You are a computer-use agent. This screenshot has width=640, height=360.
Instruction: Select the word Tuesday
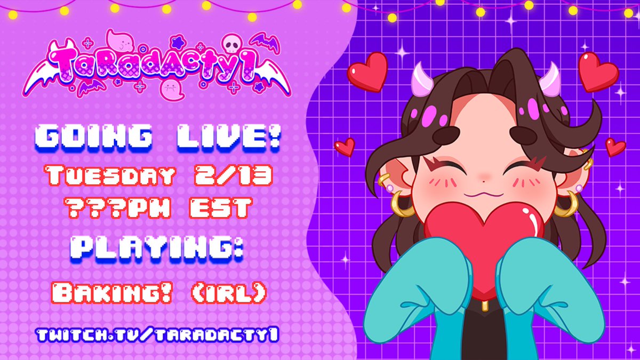(110, 175)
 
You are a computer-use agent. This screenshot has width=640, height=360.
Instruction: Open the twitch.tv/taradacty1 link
(158, 335)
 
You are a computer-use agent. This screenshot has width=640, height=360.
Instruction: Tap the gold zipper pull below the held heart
(484, 306)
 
